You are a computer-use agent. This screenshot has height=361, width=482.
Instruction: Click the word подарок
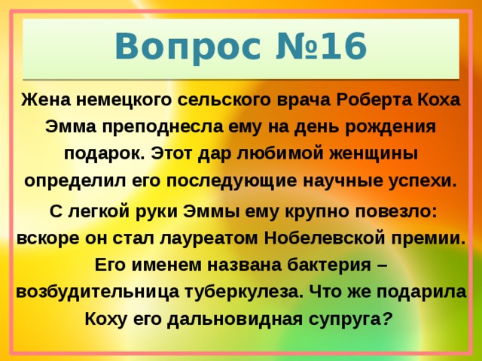point(104,154)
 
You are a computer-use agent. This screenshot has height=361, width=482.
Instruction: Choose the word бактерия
point(319,265)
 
